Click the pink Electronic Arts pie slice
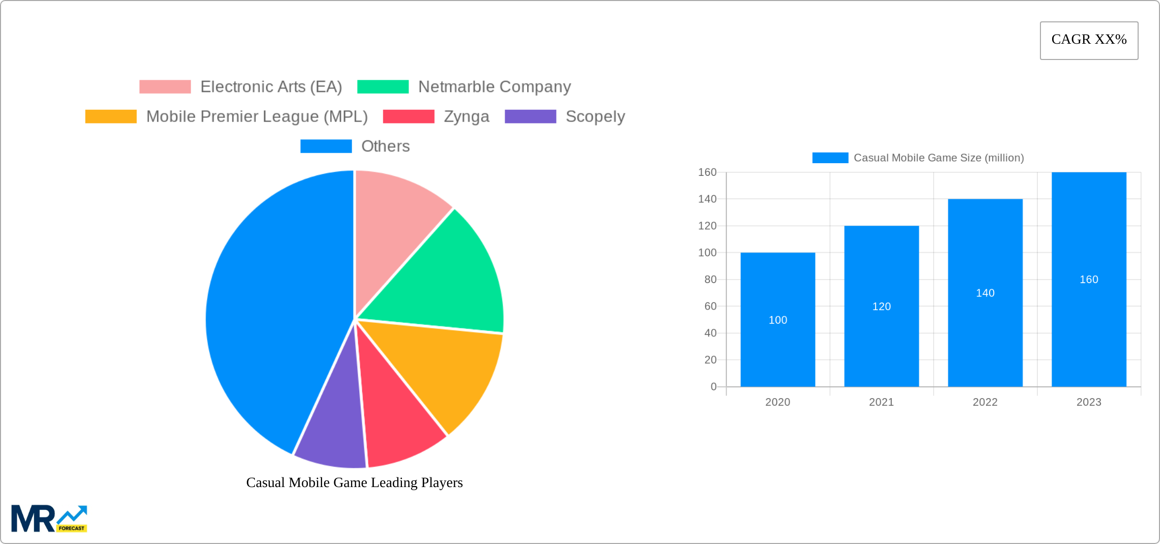(394, 224)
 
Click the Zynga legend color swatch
(409, 116)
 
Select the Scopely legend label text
(595, 116)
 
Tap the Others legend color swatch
(326, 146)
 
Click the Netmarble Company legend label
(495, 87)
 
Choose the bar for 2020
(777, 346)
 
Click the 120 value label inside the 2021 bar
(881, 307)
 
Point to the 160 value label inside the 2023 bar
(1089, 280)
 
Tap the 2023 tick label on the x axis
(1089, 402)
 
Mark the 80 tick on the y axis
(710, 280)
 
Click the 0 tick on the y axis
(713, 387)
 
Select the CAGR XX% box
(1089, 40)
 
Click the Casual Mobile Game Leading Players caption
(355, 482)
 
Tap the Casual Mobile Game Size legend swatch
(830, 158)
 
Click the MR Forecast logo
(49, 519)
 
